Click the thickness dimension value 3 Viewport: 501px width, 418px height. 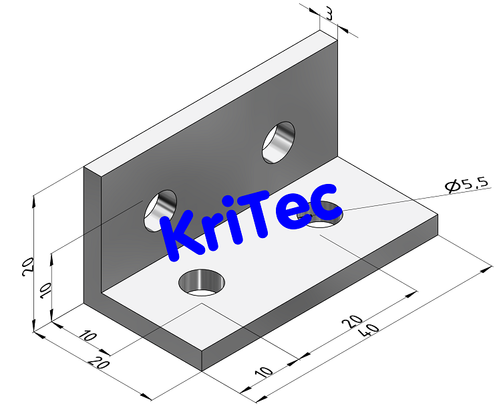(329, 13)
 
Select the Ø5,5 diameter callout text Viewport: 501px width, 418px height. (467, 185)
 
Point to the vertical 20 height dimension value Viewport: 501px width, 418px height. (27, 267)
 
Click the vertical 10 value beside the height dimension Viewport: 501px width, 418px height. (45, 290)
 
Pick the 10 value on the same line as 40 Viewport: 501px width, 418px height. (264, 373)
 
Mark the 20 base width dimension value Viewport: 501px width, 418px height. (98, 364)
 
